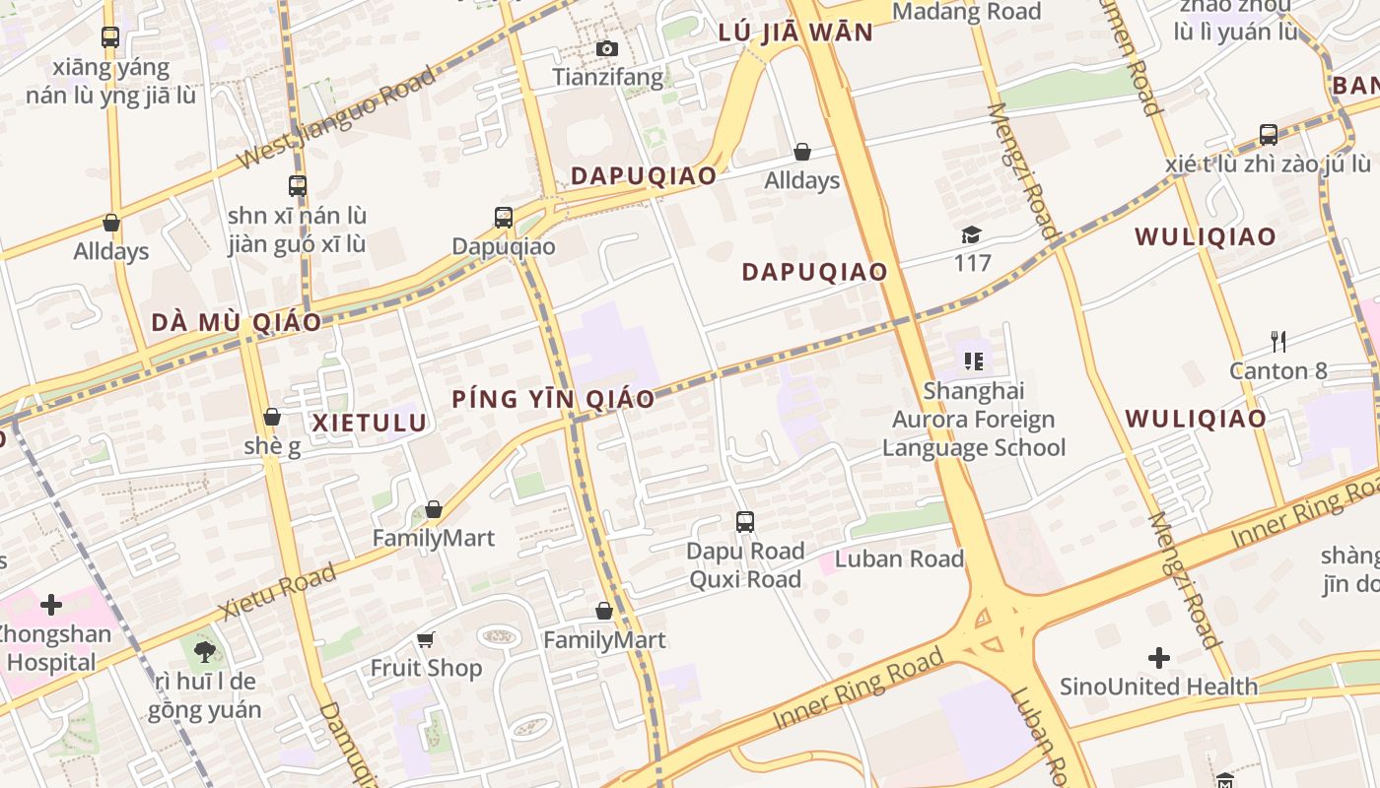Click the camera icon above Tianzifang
tap(607, 48)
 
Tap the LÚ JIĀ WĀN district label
tap(795, 33)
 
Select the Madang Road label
tap(966, 12)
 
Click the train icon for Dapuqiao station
tap(504, 217)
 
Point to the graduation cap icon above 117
tap(972, 234)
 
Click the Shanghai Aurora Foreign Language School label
tap(974, 420)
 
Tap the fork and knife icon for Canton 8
tap(1278, 342)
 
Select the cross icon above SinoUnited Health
tap(1159, 657)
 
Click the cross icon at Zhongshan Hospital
tap(51, 604)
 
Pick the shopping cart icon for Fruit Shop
tap(426, 639)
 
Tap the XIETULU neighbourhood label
tap(370, 424)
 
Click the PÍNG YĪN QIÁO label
tap(553, 399)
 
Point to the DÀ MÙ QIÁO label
tap(236, 322)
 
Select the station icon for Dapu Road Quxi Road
tap(745, 522)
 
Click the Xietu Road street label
tap(277, 590)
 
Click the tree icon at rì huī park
tap(205, 651)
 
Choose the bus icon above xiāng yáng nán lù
tap(110, 37)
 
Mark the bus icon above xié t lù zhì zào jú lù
tap(1269, 134)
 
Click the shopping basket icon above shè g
tap(272, 417)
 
